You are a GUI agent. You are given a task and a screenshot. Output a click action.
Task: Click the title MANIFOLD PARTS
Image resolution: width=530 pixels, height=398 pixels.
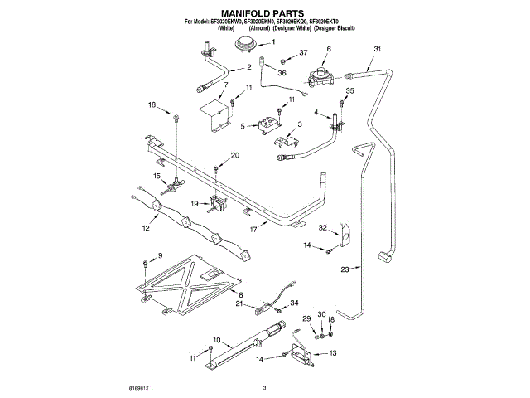265,13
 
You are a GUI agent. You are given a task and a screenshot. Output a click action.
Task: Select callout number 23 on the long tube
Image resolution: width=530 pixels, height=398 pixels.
345,268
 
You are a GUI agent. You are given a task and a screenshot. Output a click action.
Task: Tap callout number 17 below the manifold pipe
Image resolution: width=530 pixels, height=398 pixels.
253,229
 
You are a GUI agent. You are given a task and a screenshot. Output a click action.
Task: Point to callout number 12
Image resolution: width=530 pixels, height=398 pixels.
146,227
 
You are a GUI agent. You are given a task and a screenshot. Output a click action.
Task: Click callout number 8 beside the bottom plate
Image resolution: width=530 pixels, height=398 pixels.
240,294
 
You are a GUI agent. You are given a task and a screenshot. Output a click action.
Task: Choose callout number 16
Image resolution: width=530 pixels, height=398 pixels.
152,104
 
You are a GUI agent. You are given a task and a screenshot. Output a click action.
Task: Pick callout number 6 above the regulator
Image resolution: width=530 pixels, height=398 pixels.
329,51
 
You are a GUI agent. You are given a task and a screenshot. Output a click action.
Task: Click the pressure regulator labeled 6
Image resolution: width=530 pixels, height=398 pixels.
319,77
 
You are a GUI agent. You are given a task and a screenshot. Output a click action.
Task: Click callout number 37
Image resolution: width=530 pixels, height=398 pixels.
303,53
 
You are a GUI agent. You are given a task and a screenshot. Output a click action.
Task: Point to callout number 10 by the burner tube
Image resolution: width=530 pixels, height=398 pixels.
216,340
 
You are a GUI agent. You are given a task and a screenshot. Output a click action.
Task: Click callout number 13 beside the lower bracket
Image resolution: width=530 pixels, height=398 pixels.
333,353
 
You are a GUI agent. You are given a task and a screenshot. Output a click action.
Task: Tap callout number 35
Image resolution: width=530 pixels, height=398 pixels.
349,90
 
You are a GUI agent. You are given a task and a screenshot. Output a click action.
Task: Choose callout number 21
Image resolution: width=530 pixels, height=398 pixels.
238,304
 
